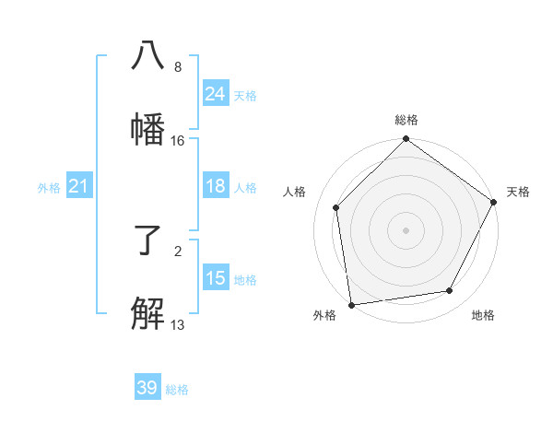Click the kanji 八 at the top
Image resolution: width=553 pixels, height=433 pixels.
click(147, 55)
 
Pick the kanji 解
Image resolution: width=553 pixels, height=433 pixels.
click(147, 313)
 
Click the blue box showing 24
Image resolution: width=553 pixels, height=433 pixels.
click(216, 94)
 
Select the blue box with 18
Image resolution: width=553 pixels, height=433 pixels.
click(216, 186)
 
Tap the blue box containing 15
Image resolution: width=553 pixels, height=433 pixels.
click(216, 278)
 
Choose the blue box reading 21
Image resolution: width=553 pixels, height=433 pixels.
click(79, 187)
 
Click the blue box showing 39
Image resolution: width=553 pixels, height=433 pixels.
click(147, 388)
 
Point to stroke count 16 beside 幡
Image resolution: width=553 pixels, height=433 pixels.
click(178, 141)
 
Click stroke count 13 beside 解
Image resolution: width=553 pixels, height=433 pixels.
click(178, 324)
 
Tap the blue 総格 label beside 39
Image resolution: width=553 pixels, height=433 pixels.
click(177, 390)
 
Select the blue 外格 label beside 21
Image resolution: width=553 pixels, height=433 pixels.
click(49, 188)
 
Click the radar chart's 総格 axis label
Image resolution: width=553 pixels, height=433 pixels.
click(406, 120)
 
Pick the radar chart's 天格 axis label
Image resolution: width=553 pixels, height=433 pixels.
click(519, 192)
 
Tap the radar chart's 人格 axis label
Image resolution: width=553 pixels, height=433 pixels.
click(295, 192)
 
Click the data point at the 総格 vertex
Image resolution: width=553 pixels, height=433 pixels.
click(406, 140)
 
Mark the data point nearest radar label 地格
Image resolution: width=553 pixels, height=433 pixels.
click(450, 290)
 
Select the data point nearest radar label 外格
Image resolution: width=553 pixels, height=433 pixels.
click(351, 304)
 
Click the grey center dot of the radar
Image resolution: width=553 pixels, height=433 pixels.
click(406, 229)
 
